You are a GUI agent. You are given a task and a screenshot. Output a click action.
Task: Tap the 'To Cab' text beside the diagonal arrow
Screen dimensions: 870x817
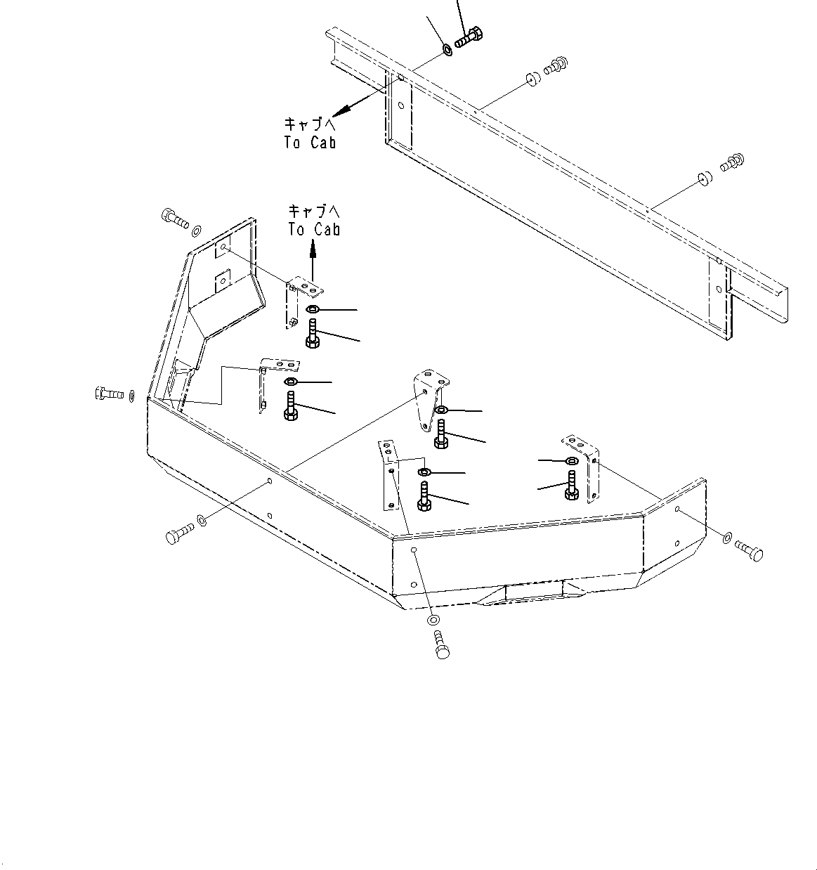[310, 134]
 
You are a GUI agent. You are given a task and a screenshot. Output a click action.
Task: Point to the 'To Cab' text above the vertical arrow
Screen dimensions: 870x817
[314, 220]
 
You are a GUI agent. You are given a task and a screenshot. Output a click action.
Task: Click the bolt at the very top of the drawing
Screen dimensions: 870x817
[469, 37]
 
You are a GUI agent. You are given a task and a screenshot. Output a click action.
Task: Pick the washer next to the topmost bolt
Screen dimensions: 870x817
[447, 50]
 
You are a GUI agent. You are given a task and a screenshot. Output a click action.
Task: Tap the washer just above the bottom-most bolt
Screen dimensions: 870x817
[433, 621]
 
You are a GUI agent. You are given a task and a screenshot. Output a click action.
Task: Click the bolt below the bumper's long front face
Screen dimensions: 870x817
[178, 534]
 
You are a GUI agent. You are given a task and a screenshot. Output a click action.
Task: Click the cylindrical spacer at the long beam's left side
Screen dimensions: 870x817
[532, 79]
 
